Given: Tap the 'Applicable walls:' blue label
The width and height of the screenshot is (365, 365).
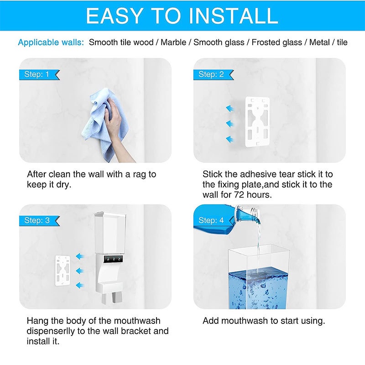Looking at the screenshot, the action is pos(51,42).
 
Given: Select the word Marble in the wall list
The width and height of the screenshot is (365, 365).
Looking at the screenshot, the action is pos(173,42).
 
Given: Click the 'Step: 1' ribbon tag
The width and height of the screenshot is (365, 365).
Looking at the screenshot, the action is pos(39,74).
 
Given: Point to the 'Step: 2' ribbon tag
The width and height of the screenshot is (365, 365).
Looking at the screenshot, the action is pos(214,74).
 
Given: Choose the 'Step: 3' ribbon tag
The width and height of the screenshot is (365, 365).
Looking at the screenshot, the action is pos(39,220).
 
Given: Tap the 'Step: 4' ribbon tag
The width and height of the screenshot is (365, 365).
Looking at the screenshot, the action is pos(214,220).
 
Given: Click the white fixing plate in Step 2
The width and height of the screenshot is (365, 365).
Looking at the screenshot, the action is pos(257,122).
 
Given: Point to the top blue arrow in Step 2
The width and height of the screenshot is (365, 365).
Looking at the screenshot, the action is pos(230,109).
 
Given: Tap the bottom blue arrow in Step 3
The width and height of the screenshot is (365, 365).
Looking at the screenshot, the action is pos(80,285).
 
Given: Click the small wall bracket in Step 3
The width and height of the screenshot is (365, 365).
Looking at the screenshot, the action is pos(63,271).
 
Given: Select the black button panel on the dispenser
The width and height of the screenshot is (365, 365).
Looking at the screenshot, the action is pos(114,259).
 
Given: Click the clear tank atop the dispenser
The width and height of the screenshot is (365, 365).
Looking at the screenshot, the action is pos(110,233).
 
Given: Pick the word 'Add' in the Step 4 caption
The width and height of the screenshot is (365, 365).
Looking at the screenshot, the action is pos(210,321).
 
